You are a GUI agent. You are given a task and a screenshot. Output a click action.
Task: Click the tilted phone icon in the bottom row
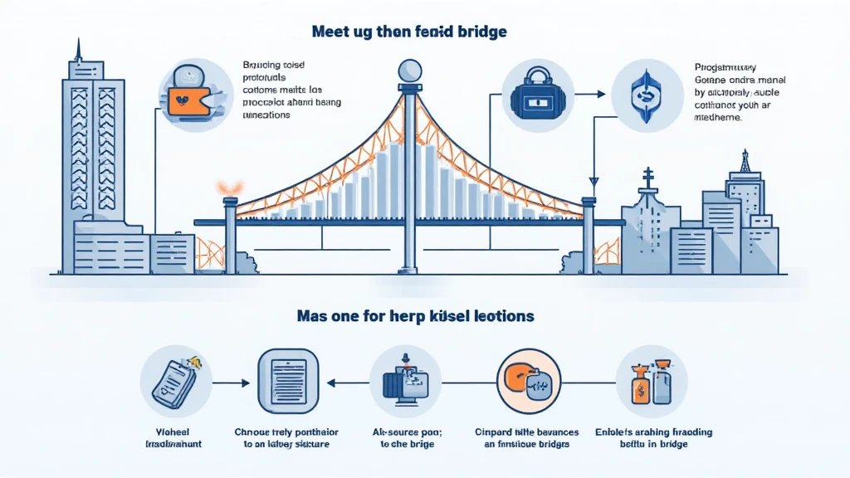click(173, 381)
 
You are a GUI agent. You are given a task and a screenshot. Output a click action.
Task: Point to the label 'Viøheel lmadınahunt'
click(173, 438)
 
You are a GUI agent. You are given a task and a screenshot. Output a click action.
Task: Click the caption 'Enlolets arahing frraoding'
click(653, 432)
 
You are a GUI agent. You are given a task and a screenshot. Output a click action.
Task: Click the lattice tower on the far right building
click(745, 162)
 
